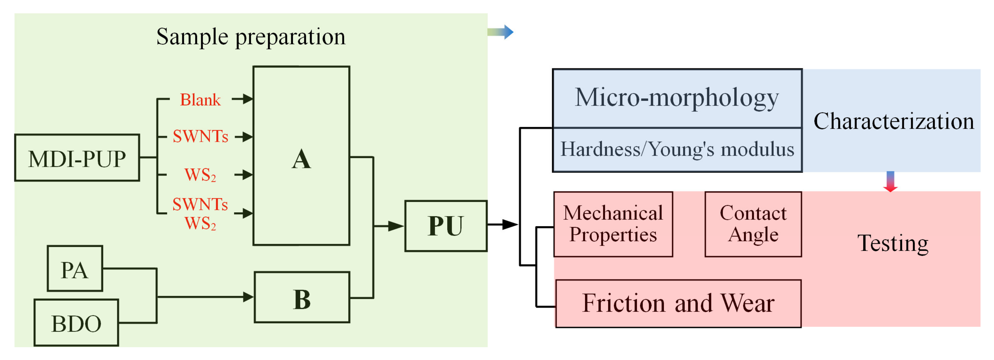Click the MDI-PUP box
click(77, 158)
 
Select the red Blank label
click(200, 100)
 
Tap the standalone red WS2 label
click(200, 175)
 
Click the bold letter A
click(301, 159)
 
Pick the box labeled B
click(302, 297)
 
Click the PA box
click(75, 269)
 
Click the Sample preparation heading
click(251, 37)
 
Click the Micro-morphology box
click(677, 98)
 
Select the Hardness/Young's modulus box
click(677, 150)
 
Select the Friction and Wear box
click(678, 304)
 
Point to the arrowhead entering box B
click(248, 297)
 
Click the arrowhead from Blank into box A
click(247, 99)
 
